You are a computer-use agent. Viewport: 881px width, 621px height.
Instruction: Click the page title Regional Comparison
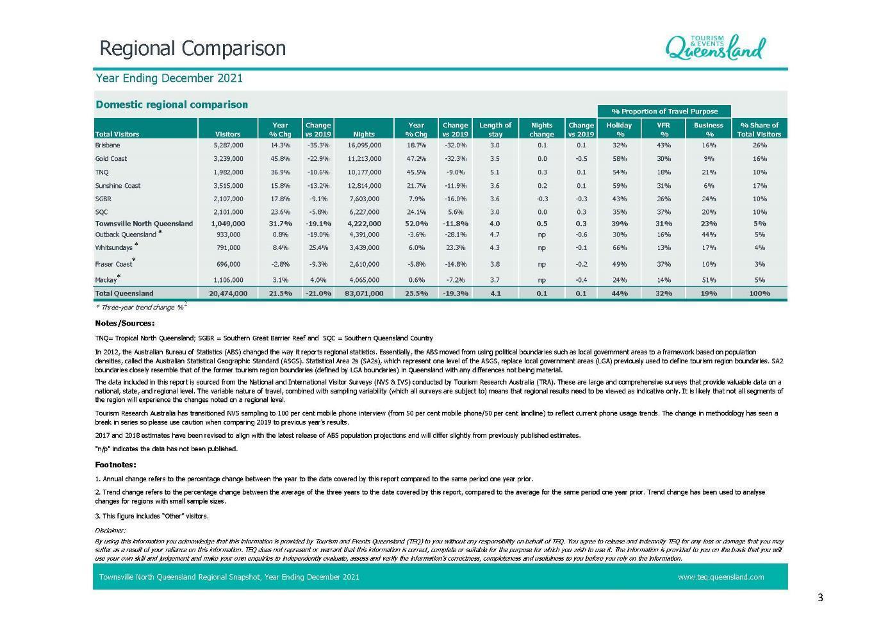coord(193,49)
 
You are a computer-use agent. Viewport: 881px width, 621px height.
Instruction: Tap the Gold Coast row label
coord(111,158)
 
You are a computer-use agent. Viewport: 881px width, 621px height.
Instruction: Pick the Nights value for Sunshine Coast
coord(363,186)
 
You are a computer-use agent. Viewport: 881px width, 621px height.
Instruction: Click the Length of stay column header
coord(495,129)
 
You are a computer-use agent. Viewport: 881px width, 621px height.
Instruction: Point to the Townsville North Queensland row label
coord(144,224)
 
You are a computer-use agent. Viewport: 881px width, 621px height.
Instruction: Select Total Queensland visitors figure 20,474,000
coord(227,294)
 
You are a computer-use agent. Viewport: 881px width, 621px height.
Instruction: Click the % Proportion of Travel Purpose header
coord(664,112)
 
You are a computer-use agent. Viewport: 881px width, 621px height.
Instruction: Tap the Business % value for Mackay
coord(708,280)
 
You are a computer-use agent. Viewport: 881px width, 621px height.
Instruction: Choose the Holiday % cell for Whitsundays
coord(619,247)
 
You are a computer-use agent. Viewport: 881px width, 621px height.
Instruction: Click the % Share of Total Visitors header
coord(759,129)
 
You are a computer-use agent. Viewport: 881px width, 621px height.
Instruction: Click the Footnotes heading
coord(115,465)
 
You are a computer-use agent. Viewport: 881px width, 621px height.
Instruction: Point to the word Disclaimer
coord(110,530)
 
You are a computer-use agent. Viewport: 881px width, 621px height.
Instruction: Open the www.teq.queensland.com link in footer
coord(720,577)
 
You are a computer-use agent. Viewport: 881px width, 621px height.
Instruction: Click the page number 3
coord(820,598)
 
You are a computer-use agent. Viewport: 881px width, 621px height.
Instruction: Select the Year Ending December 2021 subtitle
coord(169,78)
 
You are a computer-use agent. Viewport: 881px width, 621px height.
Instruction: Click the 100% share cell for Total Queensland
coord(759,294)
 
